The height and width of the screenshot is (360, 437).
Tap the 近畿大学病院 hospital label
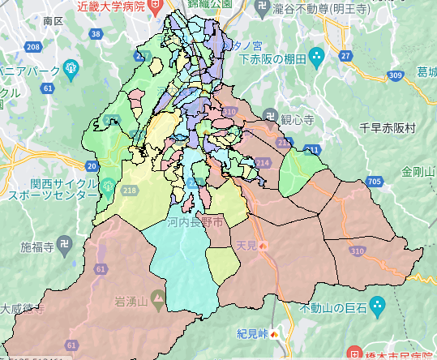pyautogui.click(x=111, y=6)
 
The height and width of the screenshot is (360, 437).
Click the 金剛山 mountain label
pyautogui.click(x=418, y=172)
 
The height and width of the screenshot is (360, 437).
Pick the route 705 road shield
pyautogui.click(x=374, y=180)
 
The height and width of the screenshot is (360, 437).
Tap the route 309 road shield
pyautogui.click(x=395, y=75)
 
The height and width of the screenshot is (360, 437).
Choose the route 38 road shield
pyautogui.click(x=96, y=34)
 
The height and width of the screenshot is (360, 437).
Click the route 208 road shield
pyautogui.click(x=33, y=47)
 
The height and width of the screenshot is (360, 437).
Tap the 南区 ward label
pyautogui.click(x=53, y=19)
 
